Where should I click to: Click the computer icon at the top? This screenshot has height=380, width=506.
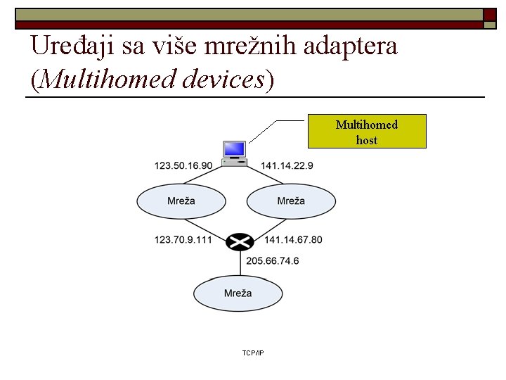(x=234, y=153)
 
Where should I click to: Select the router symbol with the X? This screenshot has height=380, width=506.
(x=240, y=242)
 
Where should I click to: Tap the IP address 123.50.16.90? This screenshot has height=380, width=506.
(x=183, y=165)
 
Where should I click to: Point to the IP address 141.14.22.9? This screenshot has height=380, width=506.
(x=287, y=165)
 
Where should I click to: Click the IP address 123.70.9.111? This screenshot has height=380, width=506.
(x=183, y=240)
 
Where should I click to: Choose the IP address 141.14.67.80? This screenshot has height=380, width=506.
(x=293, y=240)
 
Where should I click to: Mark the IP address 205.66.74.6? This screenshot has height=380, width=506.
(x=272, y=260)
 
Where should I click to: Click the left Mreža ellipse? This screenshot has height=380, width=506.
(x=181, y=201)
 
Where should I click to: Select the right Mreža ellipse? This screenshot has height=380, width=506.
(x=290, y=201)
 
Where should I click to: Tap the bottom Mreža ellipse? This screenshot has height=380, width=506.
(x=238, y=293)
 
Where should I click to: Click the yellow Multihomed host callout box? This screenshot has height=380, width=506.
(x=367, y=132)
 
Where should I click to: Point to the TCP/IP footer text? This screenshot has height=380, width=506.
(x=252, y=352)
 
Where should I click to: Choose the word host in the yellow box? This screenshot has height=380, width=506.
(x=367, y=140)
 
